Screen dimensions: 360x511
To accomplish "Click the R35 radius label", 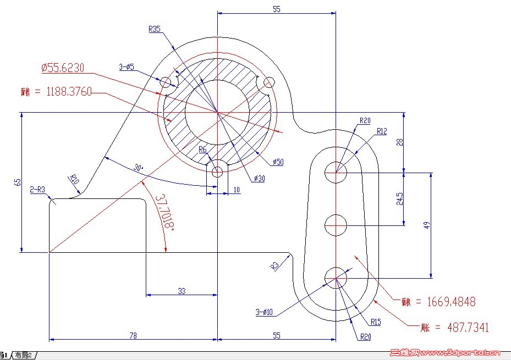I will (x=155, y=29).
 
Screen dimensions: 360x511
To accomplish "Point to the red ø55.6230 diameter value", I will (x=63, y=68).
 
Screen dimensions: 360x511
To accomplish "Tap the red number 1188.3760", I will (x=66, y=91).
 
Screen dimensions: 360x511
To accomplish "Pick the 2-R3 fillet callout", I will (x=38, y=190).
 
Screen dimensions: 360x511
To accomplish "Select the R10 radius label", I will (x=74, y=179).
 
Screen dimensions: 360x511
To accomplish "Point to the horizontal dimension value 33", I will (x=182, y=291).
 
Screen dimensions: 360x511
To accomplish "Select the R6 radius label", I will (x=202, y=149).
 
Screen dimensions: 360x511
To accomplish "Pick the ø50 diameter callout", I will (x=278, y=162).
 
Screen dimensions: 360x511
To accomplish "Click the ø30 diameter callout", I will (x=259, y=178).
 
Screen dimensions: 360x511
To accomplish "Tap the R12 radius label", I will (x=382, y=131).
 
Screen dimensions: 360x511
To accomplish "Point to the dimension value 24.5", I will (x=399, y=198).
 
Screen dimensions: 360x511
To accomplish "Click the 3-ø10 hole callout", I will (x=264, y=313).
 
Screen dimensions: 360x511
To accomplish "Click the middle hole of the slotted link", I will (x=336, y=224).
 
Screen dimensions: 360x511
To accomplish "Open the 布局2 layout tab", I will (x=24, y=355).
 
